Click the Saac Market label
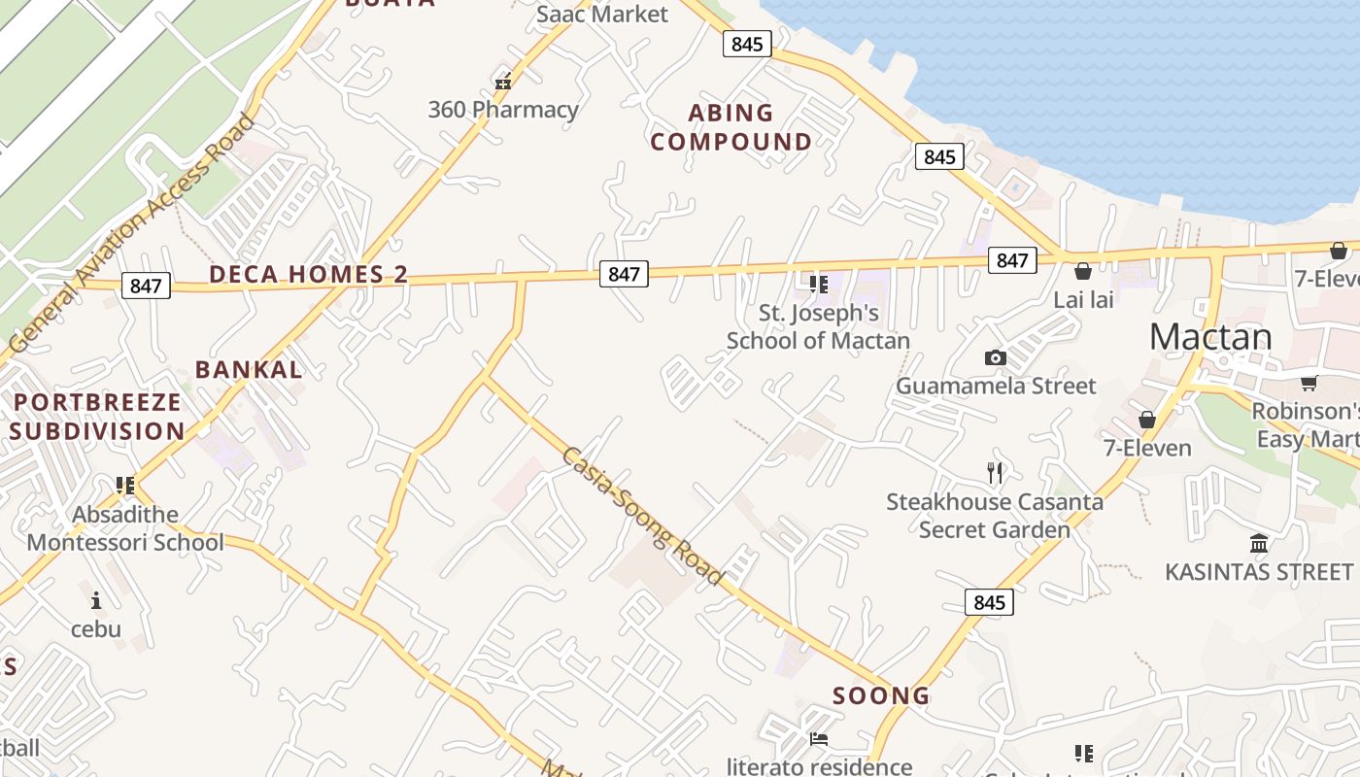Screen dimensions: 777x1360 pos(602,14)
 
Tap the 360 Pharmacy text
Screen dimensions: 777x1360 pos(503,110)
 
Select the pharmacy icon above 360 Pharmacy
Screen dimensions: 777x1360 pos(503,82)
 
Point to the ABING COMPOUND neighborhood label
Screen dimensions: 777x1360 pos(731,127)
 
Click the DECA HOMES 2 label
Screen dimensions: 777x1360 pos(308,275)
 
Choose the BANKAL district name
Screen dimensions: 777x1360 pos(249,369)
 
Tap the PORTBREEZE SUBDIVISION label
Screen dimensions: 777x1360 pos(97,417)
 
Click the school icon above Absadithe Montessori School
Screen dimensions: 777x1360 pos(124,485)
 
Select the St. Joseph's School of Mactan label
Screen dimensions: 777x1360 pos(818,326)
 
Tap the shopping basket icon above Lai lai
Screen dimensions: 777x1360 pos(1082,271)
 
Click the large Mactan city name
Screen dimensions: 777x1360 pos(1209,337)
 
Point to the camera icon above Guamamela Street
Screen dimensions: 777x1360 pos(995,358)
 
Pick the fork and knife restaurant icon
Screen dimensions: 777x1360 pos(994,473)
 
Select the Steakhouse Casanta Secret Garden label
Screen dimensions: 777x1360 pos(994,516)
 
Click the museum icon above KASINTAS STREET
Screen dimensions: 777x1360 pos(1259,543)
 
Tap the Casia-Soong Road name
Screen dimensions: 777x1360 pos(642,516)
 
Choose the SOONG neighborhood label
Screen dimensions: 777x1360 pos(881,695)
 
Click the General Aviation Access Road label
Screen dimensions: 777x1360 pos(132,233)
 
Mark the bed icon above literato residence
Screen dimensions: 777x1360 pos(819,738)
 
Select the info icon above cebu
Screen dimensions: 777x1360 pos(95,600)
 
